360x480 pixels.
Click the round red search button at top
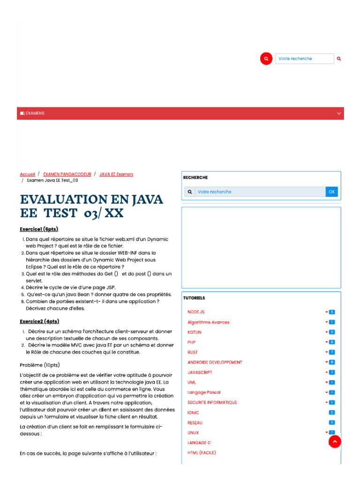(x=266, y=59)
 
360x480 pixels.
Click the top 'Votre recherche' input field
(x=304, y=59)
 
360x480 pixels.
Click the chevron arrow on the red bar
(x=339, y=113)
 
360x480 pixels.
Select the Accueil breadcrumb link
(x=27, y=174)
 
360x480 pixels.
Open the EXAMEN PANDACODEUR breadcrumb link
(x=67, y=174)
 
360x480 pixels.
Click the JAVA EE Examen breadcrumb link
(x=116, y=174)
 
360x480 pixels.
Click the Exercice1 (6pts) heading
(x=39, y=229)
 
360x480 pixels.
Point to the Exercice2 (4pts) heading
(x=39, y=321)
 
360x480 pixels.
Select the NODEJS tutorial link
(x=196, y=312)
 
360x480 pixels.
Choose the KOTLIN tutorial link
(x=195, y=332)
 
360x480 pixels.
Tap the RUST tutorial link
(x=193, y=352)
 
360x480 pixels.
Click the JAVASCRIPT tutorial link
(x=200, y=372)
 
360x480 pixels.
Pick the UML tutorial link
(x=192, y=382)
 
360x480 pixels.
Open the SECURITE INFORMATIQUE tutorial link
(x=212, y=402)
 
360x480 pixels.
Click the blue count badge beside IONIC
(x=332, y=412)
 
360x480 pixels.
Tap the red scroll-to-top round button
(x=335, y=442)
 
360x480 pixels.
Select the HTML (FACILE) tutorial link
(x=202, y=453)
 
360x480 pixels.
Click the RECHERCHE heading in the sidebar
(x=195, y=178)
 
